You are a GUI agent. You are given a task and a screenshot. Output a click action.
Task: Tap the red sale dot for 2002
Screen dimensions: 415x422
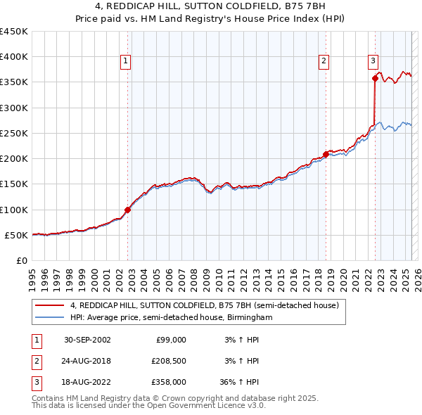(x=128, y=210)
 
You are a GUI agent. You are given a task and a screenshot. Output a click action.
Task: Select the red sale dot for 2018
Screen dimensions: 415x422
(x=326, y=154)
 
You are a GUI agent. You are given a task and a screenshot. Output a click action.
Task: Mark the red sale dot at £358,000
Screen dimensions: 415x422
(x=375, y=79)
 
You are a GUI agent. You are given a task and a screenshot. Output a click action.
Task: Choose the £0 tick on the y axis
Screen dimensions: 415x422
(x=22, y=260)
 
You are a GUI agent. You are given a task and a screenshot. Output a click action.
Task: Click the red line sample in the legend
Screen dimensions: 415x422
(x=50, y=306)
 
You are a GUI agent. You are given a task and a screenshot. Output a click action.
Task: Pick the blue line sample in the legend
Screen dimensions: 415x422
(x=50, y=318)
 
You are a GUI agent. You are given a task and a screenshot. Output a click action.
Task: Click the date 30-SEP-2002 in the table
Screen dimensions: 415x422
(x=87, y=340)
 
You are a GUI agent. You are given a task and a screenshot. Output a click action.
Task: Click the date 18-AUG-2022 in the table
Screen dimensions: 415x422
(x=87, y=382)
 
